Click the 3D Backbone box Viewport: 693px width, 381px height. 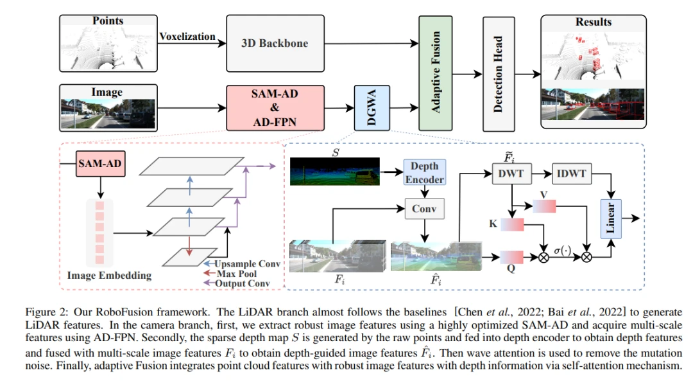(x=275, y=43)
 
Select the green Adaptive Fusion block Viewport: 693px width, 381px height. (x=435, y=73)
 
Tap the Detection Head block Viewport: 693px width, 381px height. (x=499, y=74)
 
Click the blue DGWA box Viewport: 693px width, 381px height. (x=372, y=108)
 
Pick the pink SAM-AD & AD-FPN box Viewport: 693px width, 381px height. (x=275, y=108)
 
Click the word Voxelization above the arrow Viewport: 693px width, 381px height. (x=187, y=36)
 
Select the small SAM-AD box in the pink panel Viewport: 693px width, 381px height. (x=100, y=164)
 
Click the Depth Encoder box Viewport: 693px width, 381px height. (x=424, y=172)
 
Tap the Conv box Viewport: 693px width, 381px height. (x=424, y=208)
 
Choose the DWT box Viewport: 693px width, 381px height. (x=511, y=173)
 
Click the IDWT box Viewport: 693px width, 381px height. (x=572, y=173)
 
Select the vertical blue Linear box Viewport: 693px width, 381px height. (x=610, y=218)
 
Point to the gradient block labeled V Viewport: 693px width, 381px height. (x=544, y=206)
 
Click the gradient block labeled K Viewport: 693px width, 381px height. (x=512, y=224)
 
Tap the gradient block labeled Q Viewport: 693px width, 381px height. (x=512, y=257)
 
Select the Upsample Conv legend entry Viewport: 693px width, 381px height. (x=242, y=263)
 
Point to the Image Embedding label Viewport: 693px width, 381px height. (x=109, y=275)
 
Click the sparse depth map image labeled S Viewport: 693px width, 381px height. (x=334, y=172)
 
